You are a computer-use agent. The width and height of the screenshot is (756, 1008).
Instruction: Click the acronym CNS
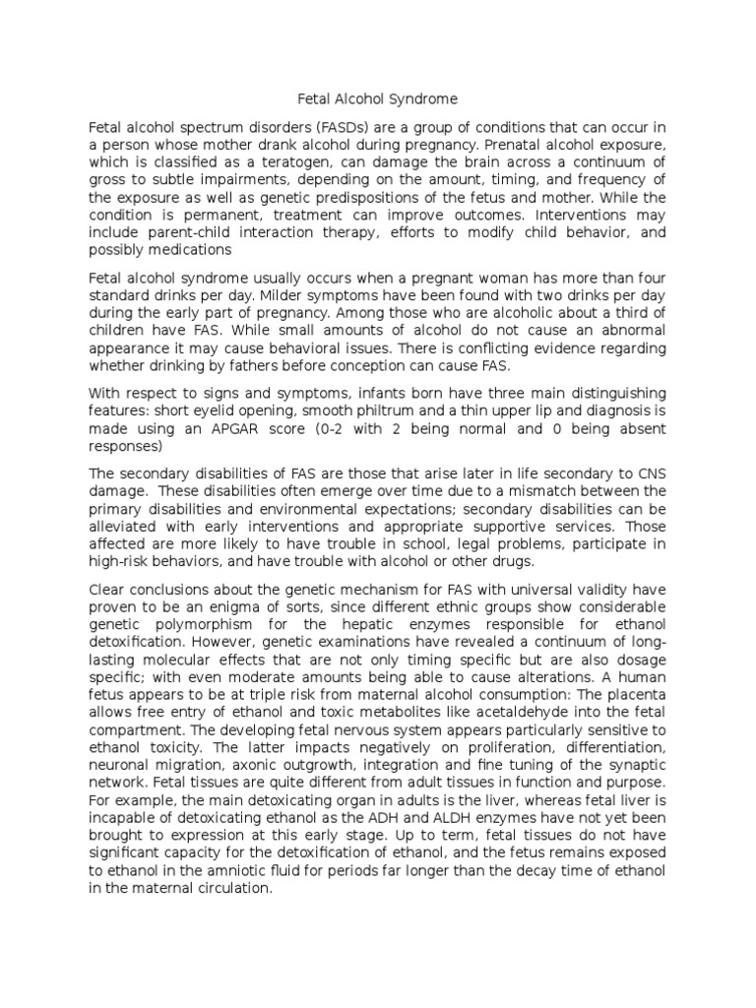[654, 473]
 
